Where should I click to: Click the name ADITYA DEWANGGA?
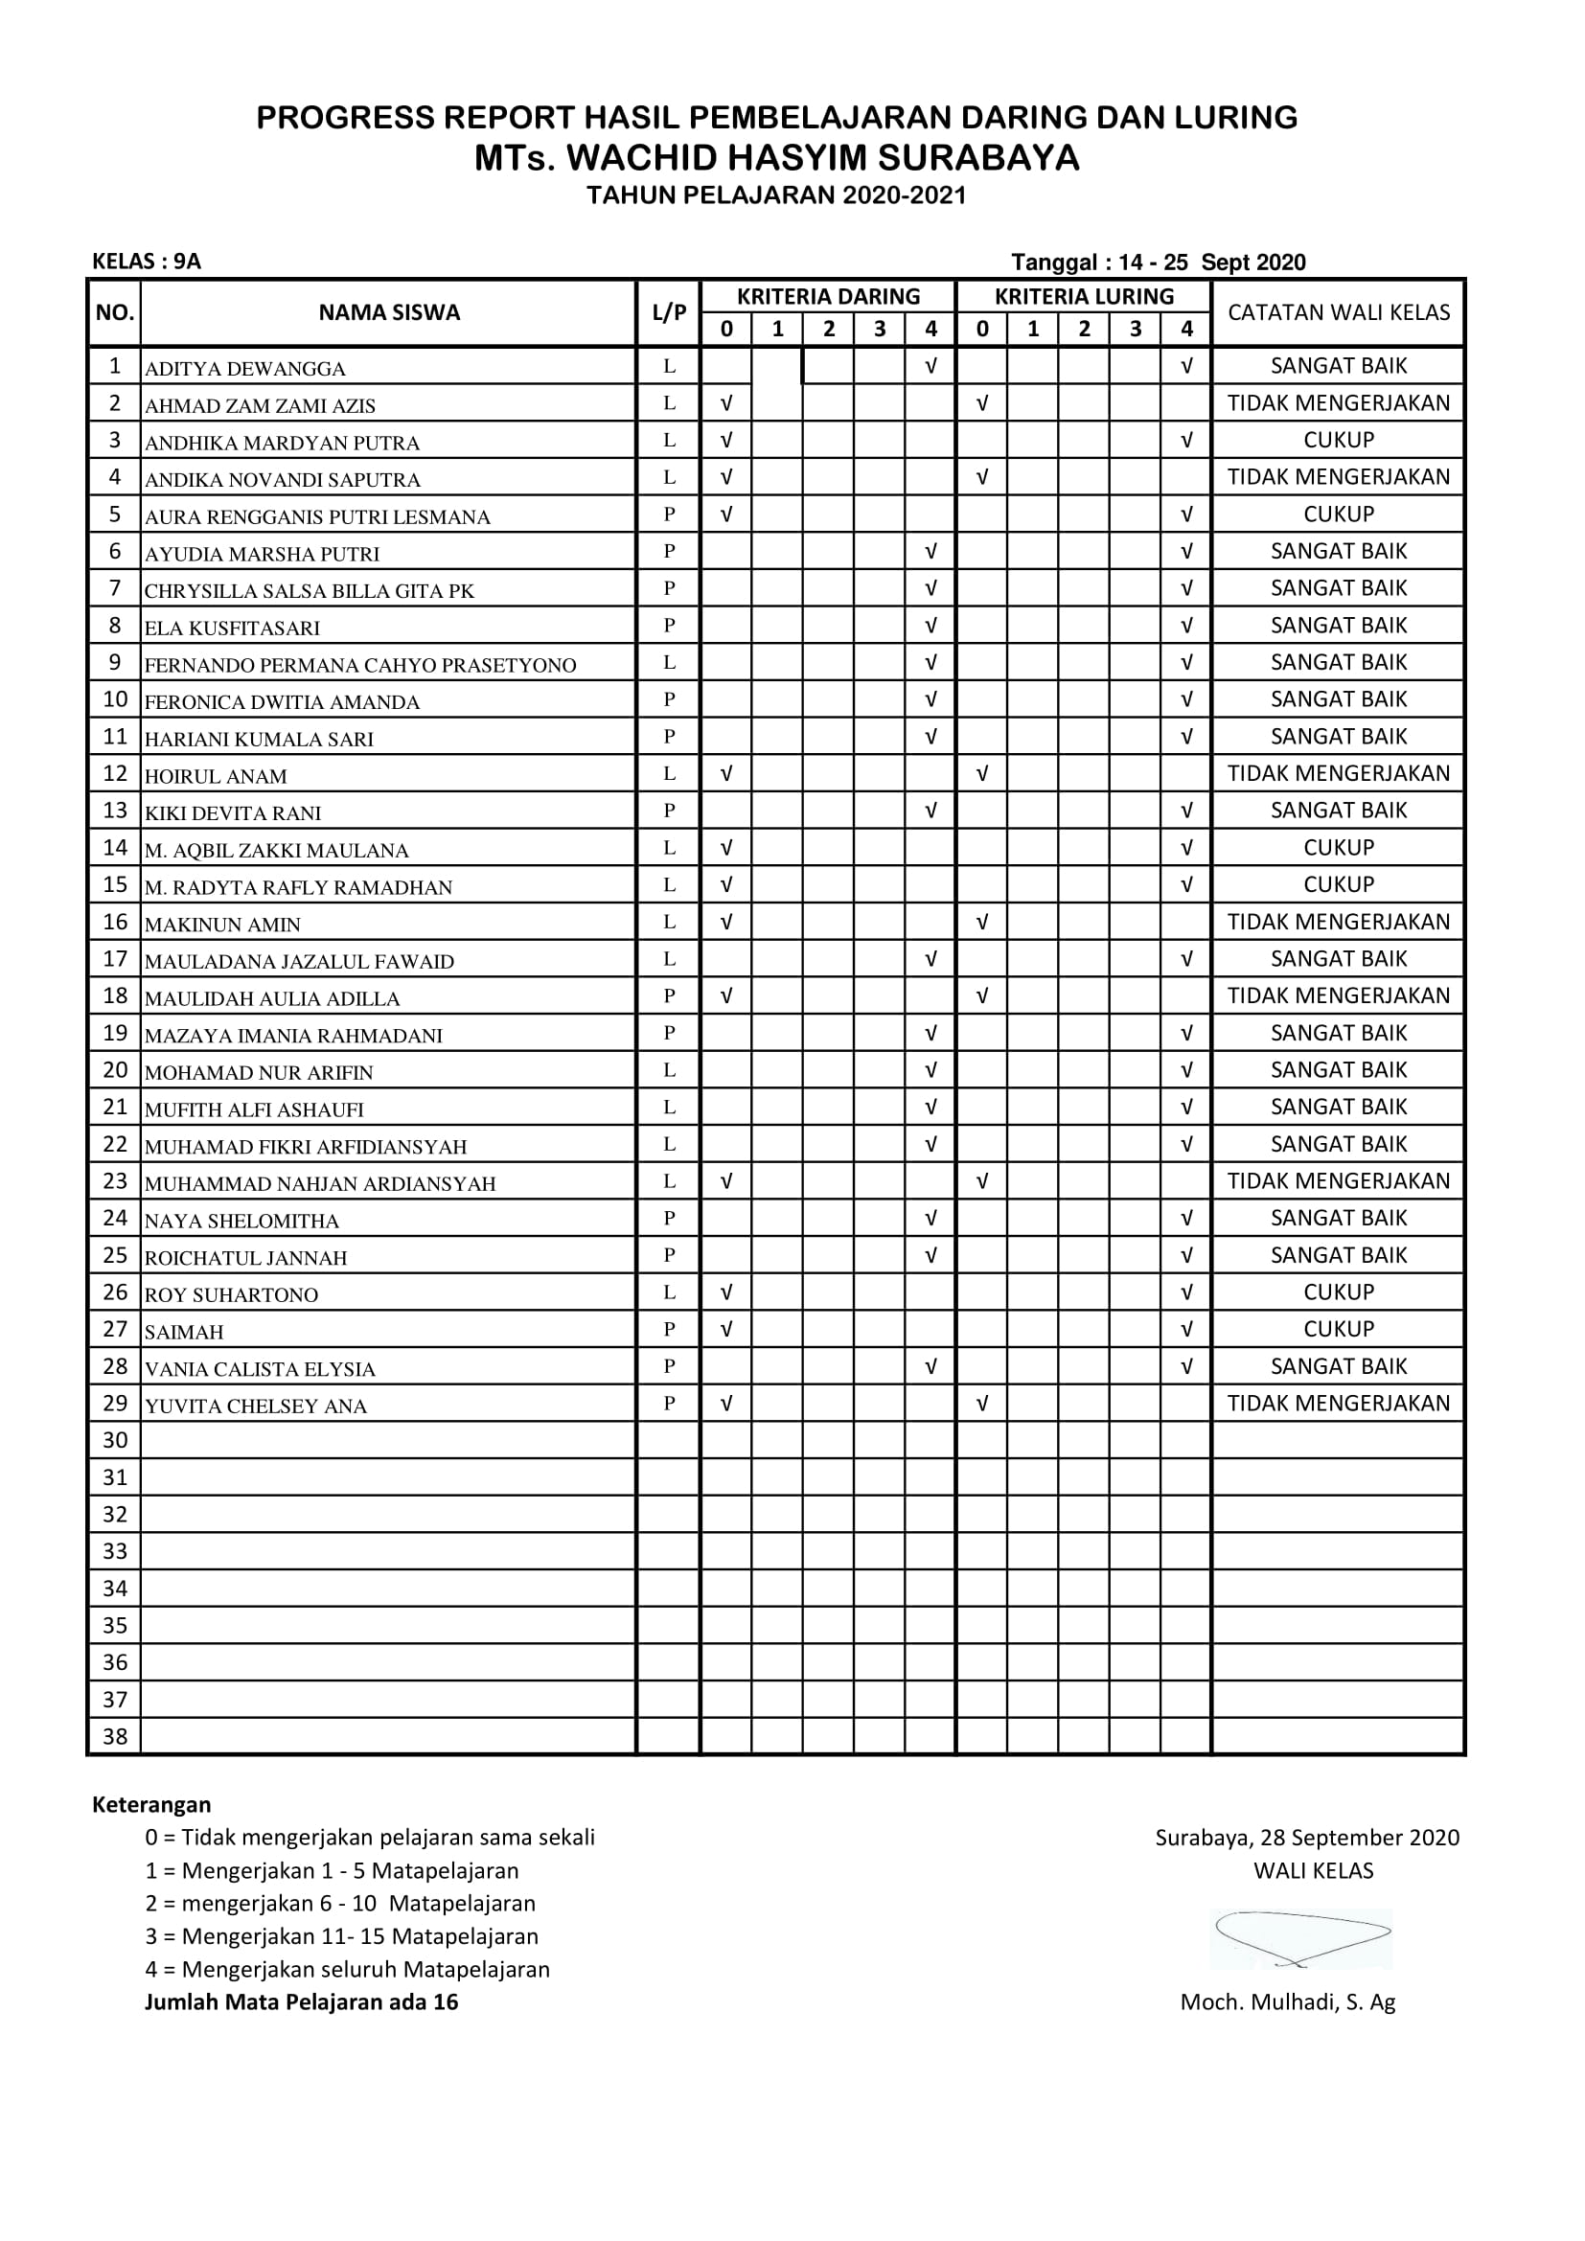point(245,369)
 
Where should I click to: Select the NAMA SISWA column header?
point(388,312)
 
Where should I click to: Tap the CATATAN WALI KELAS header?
point(1338,312)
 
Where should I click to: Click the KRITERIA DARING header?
point(828,297)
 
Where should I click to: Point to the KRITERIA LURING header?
point(1084,297)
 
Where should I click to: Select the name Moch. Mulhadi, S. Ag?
point(1287,2001)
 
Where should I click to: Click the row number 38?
point(115,1736)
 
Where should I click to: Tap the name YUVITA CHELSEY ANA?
point(256,1406)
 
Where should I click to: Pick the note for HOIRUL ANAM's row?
point(1338,773)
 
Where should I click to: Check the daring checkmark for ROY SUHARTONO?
point(726,1292)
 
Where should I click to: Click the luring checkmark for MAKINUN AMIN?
point(982,922)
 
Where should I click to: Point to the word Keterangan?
point(151,1805)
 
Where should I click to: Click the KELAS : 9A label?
point(147,262)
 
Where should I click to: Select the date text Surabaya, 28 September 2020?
point(1307,1838)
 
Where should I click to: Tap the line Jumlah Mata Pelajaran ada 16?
point(302,2001)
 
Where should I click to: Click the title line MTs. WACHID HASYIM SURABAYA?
point(777,157)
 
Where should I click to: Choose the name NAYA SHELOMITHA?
point(242,1221)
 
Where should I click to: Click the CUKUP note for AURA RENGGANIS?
point(1338,514)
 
